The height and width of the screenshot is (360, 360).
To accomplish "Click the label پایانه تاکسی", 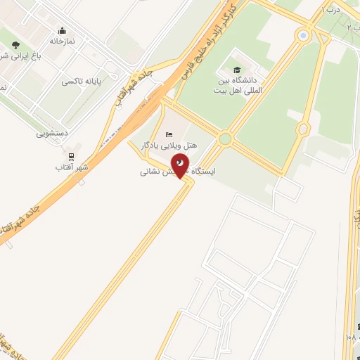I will (82, 82).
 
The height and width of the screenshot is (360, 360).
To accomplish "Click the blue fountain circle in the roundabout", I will (303, 34).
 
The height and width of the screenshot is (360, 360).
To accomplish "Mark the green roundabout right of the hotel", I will (224, 139).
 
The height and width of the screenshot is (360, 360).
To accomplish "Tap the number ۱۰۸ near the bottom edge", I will (351, 337).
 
